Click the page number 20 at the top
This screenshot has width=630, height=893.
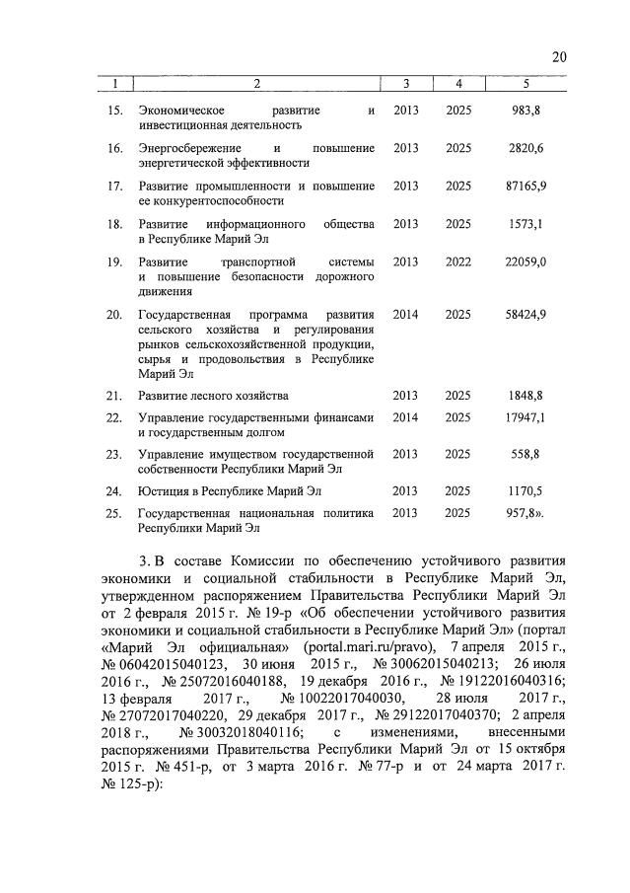coord(559,57)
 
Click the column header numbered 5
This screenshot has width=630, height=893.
coord(525,84)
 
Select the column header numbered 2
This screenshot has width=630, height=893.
coord(256,84)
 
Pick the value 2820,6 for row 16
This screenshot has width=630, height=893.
coord(525,148)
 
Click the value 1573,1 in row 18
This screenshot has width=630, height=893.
coord(525,224)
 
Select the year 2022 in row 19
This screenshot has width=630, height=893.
coord(457,261)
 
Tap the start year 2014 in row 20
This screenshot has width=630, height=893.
coord(405,314)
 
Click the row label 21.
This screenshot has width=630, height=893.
coord(113,396)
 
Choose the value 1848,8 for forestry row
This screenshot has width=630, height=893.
coord(525,396)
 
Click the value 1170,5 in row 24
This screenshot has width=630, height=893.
coord(525,490)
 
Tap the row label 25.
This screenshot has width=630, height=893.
coord(113,513)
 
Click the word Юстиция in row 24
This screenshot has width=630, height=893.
coord(162,490)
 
